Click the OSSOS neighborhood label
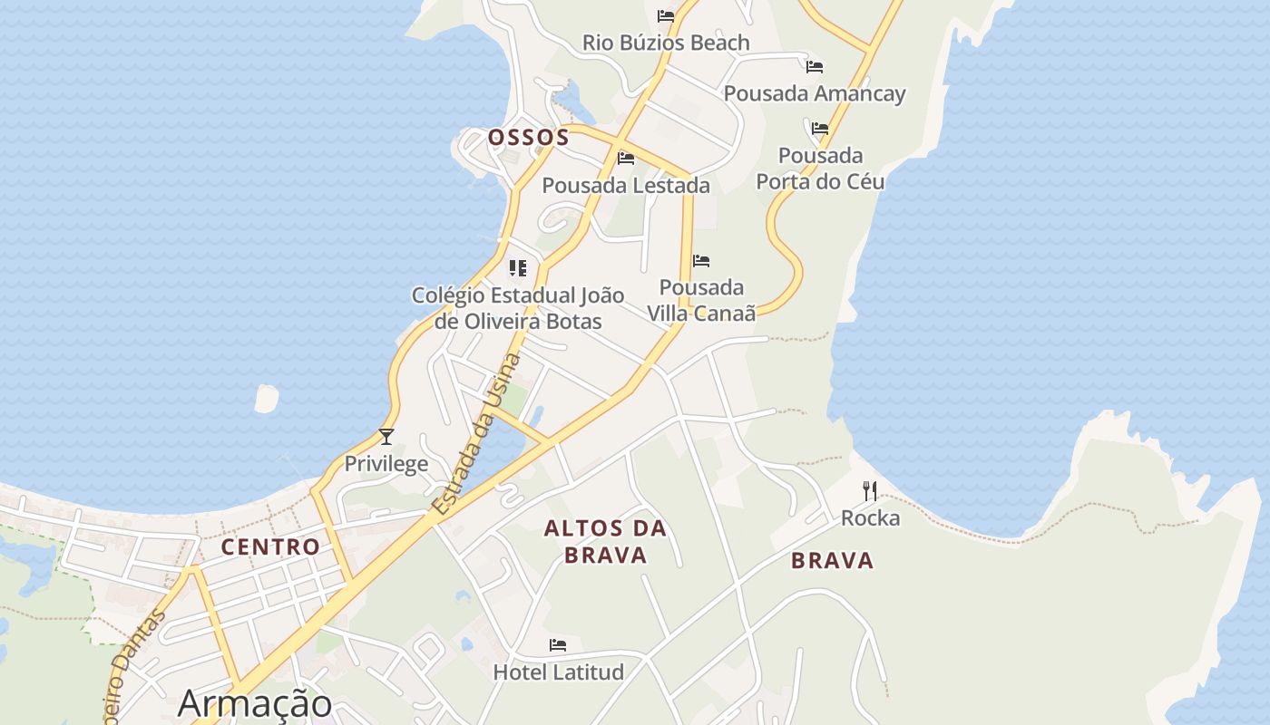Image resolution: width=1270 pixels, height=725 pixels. (528, 138)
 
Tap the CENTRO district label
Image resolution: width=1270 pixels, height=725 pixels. (270, 547)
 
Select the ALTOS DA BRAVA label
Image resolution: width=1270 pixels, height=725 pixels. (605, 542)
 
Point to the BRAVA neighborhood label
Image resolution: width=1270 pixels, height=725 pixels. (832, 561)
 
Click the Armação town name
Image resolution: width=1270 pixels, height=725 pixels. (255, 703)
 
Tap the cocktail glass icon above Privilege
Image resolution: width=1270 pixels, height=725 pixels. (386, 437)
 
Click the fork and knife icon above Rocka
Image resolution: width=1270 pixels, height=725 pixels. (870, 491)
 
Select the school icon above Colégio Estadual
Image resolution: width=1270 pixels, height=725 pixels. (518, 268)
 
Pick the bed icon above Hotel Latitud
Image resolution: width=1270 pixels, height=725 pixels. (558, 645)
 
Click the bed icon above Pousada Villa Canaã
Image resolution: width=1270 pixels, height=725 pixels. (701, 261)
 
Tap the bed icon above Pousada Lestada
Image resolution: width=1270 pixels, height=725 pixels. (626, 159)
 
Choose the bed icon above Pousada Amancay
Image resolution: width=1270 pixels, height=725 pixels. (815, 67)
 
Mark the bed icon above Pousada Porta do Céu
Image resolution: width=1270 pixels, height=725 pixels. (820, 129)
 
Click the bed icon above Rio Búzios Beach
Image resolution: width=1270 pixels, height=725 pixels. (666, 16)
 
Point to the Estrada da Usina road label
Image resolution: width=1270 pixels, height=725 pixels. (477, 435)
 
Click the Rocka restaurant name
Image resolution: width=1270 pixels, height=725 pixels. (870, 518)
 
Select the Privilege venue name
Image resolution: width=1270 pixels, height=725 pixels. (386, 464)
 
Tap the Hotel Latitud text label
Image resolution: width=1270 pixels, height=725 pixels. (558, 672)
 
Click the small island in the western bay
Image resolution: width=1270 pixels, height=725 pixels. (266, 399)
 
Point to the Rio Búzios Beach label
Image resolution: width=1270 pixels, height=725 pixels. (666, 43)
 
